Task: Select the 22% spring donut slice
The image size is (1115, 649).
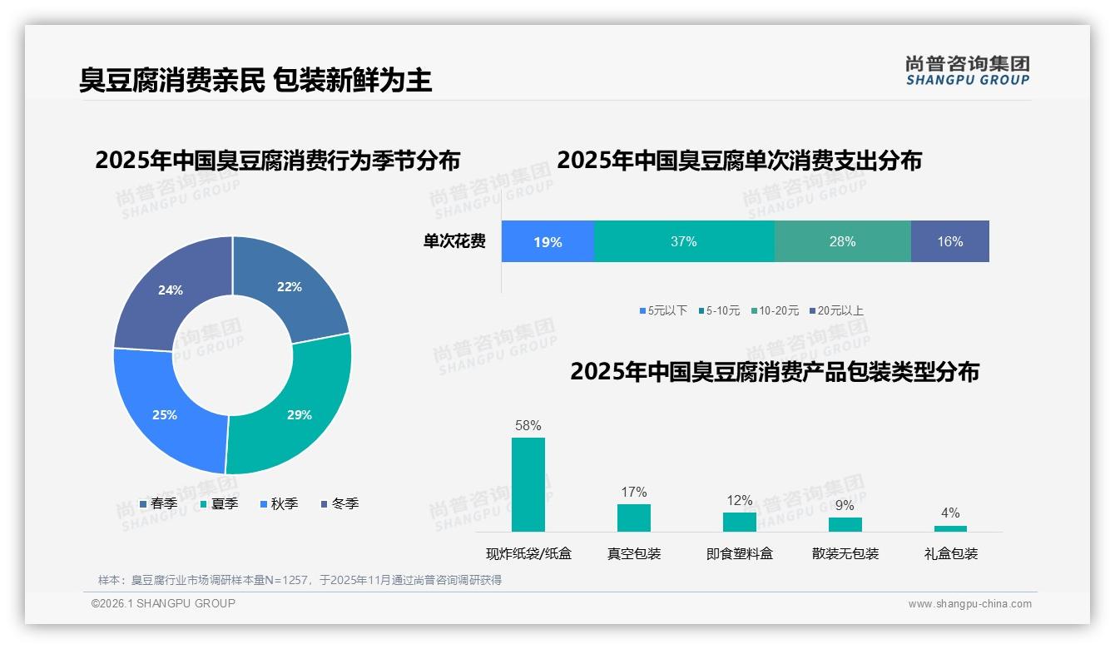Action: pos(290,288)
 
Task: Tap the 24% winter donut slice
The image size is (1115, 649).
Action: pos(171,290)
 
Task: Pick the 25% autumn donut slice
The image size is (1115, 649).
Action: pos(165,414)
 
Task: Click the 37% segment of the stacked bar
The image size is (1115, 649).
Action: pos(683,242)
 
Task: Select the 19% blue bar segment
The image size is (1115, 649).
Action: pos(548,242)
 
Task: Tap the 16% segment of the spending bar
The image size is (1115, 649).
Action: pos(949,242)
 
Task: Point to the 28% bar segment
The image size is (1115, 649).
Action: pos(842,242)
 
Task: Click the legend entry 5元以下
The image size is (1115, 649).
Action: pos(663,311)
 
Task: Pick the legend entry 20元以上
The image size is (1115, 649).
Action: pos(835,311)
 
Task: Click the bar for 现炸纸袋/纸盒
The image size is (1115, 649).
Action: pos(528,484)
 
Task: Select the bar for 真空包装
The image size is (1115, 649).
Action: pos(634,518)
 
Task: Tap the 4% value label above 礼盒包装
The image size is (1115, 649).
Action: pos(950,513)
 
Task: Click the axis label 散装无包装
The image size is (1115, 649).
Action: pos(845,554)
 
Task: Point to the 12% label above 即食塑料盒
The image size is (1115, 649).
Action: pos(740,501)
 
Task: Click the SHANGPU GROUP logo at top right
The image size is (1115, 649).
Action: pos(967,71)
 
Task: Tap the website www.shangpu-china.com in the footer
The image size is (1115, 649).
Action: pos(969,604)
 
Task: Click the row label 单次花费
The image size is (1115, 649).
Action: pos(454,242)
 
